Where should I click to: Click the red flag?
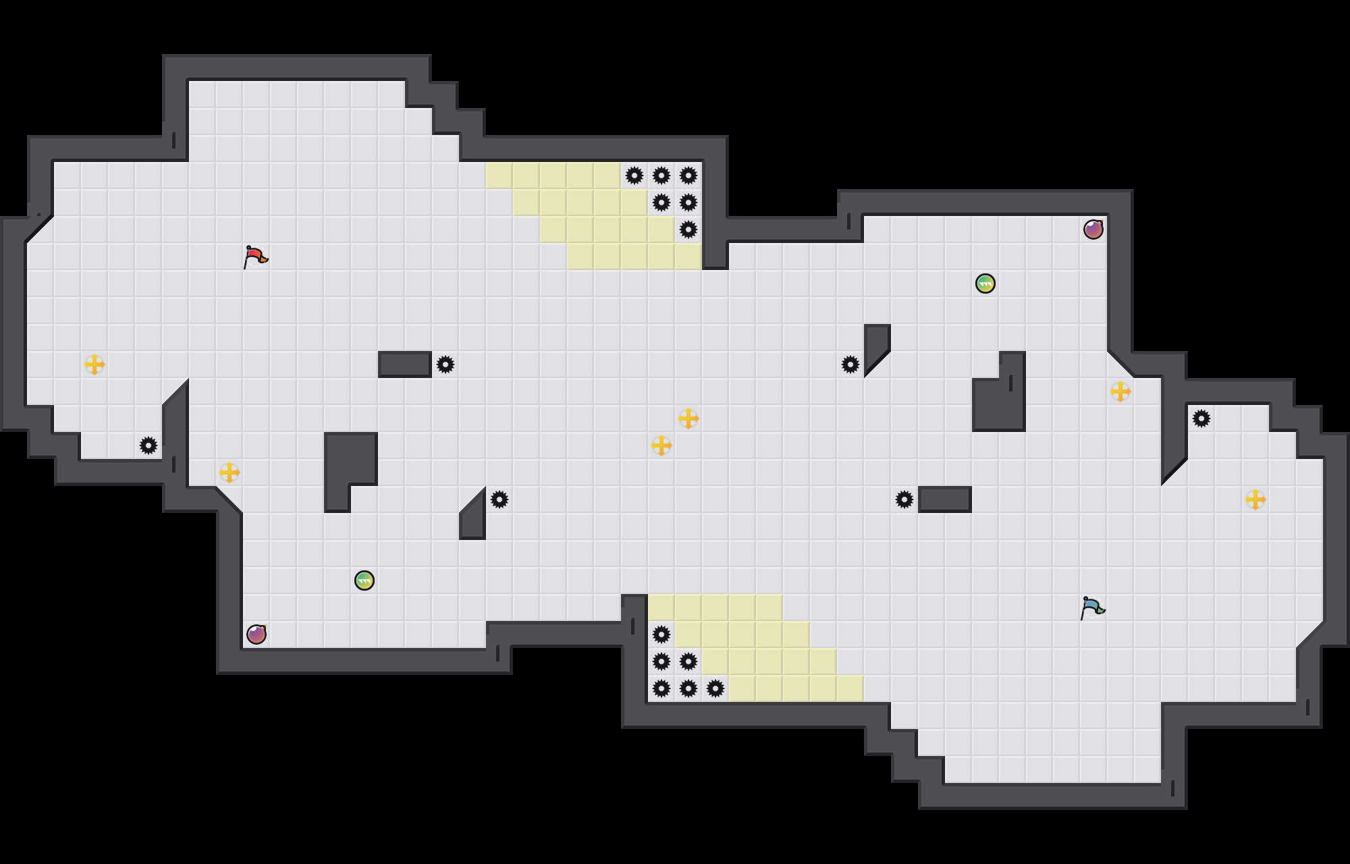click(255, 256)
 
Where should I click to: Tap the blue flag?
click(1092, 607)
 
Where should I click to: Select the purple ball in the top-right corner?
click(1093, 230)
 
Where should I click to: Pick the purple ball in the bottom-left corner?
click(256, 634)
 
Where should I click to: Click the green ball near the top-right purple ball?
click(986, 283)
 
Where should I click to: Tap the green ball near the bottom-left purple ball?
click(364, 580)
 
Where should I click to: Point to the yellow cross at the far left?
click(94, 364)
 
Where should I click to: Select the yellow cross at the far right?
click(1255, 500)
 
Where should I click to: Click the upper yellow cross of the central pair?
click(688, 418)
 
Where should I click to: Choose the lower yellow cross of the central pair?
click(661, 446)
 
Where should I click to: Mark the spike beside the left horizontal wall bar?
click(446, 364)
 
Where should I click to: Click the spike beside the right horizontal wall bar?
click(905, 500)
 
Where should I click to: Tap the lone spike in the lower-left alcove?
click(148, 446)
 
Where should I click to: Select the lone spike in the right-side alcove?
click(1201, 418)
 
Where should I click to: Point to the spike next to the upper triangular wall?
click(850, 364)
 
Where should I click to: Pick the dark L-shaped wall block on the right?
click(999, 405)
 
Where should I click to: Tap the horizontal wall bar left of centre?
click(405, 364)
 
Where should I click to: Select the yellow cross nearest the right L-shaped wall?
click(1120, 391)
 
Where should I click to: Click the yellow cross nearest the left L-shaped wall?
click(230, 473)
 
